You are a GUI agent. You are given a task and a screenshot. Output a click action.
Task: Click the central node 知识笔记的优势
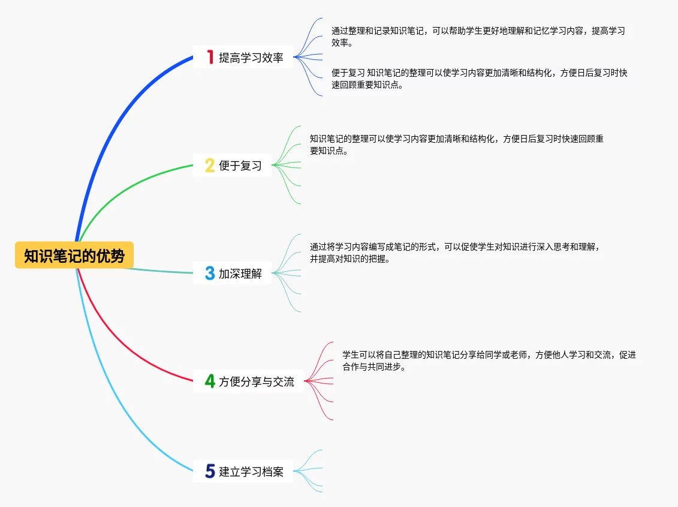point(74,256)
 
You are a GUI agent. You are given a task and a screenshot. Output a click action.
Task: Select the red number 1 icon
point(210,57)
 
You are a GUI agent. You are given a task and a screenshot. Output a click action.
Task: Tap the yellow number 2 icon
point(210,165)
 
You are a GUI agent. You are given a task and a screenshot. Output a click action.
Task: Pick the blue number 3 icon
point(210,274)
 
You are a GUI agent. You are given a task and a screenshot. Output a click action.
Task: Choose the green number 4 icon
point(210,381)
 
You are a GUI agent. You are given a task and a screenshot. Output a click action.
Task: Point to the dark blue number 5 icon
point(210,471)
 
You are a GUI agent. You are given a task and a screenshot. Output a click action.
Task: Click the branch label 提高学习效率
point(251,58)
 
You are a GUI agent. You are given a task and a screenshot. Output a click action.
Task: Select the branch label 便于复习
point(240,166)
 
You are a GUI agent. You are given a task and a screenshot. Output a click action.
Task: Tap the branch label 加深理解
point(240,274)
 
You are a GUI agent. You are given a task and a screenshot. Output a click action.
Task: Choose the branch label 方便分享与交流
point(257,382)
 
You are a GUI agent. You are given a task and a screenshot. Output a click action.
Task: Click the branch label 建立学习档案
point(251,472)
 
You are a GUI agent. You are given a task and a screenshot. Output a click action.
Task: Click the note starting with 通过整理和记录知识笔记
point(478,37)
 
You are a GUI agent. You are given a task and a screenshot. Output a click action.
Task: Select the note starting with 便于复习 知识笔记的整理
point(479,79)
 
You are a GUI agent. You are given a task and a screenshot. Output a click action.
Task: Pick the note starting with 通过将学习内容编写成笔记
point(454,253)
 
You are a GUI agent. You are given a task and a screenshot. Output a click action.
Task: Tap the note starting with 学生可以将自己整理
point(489,361)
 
